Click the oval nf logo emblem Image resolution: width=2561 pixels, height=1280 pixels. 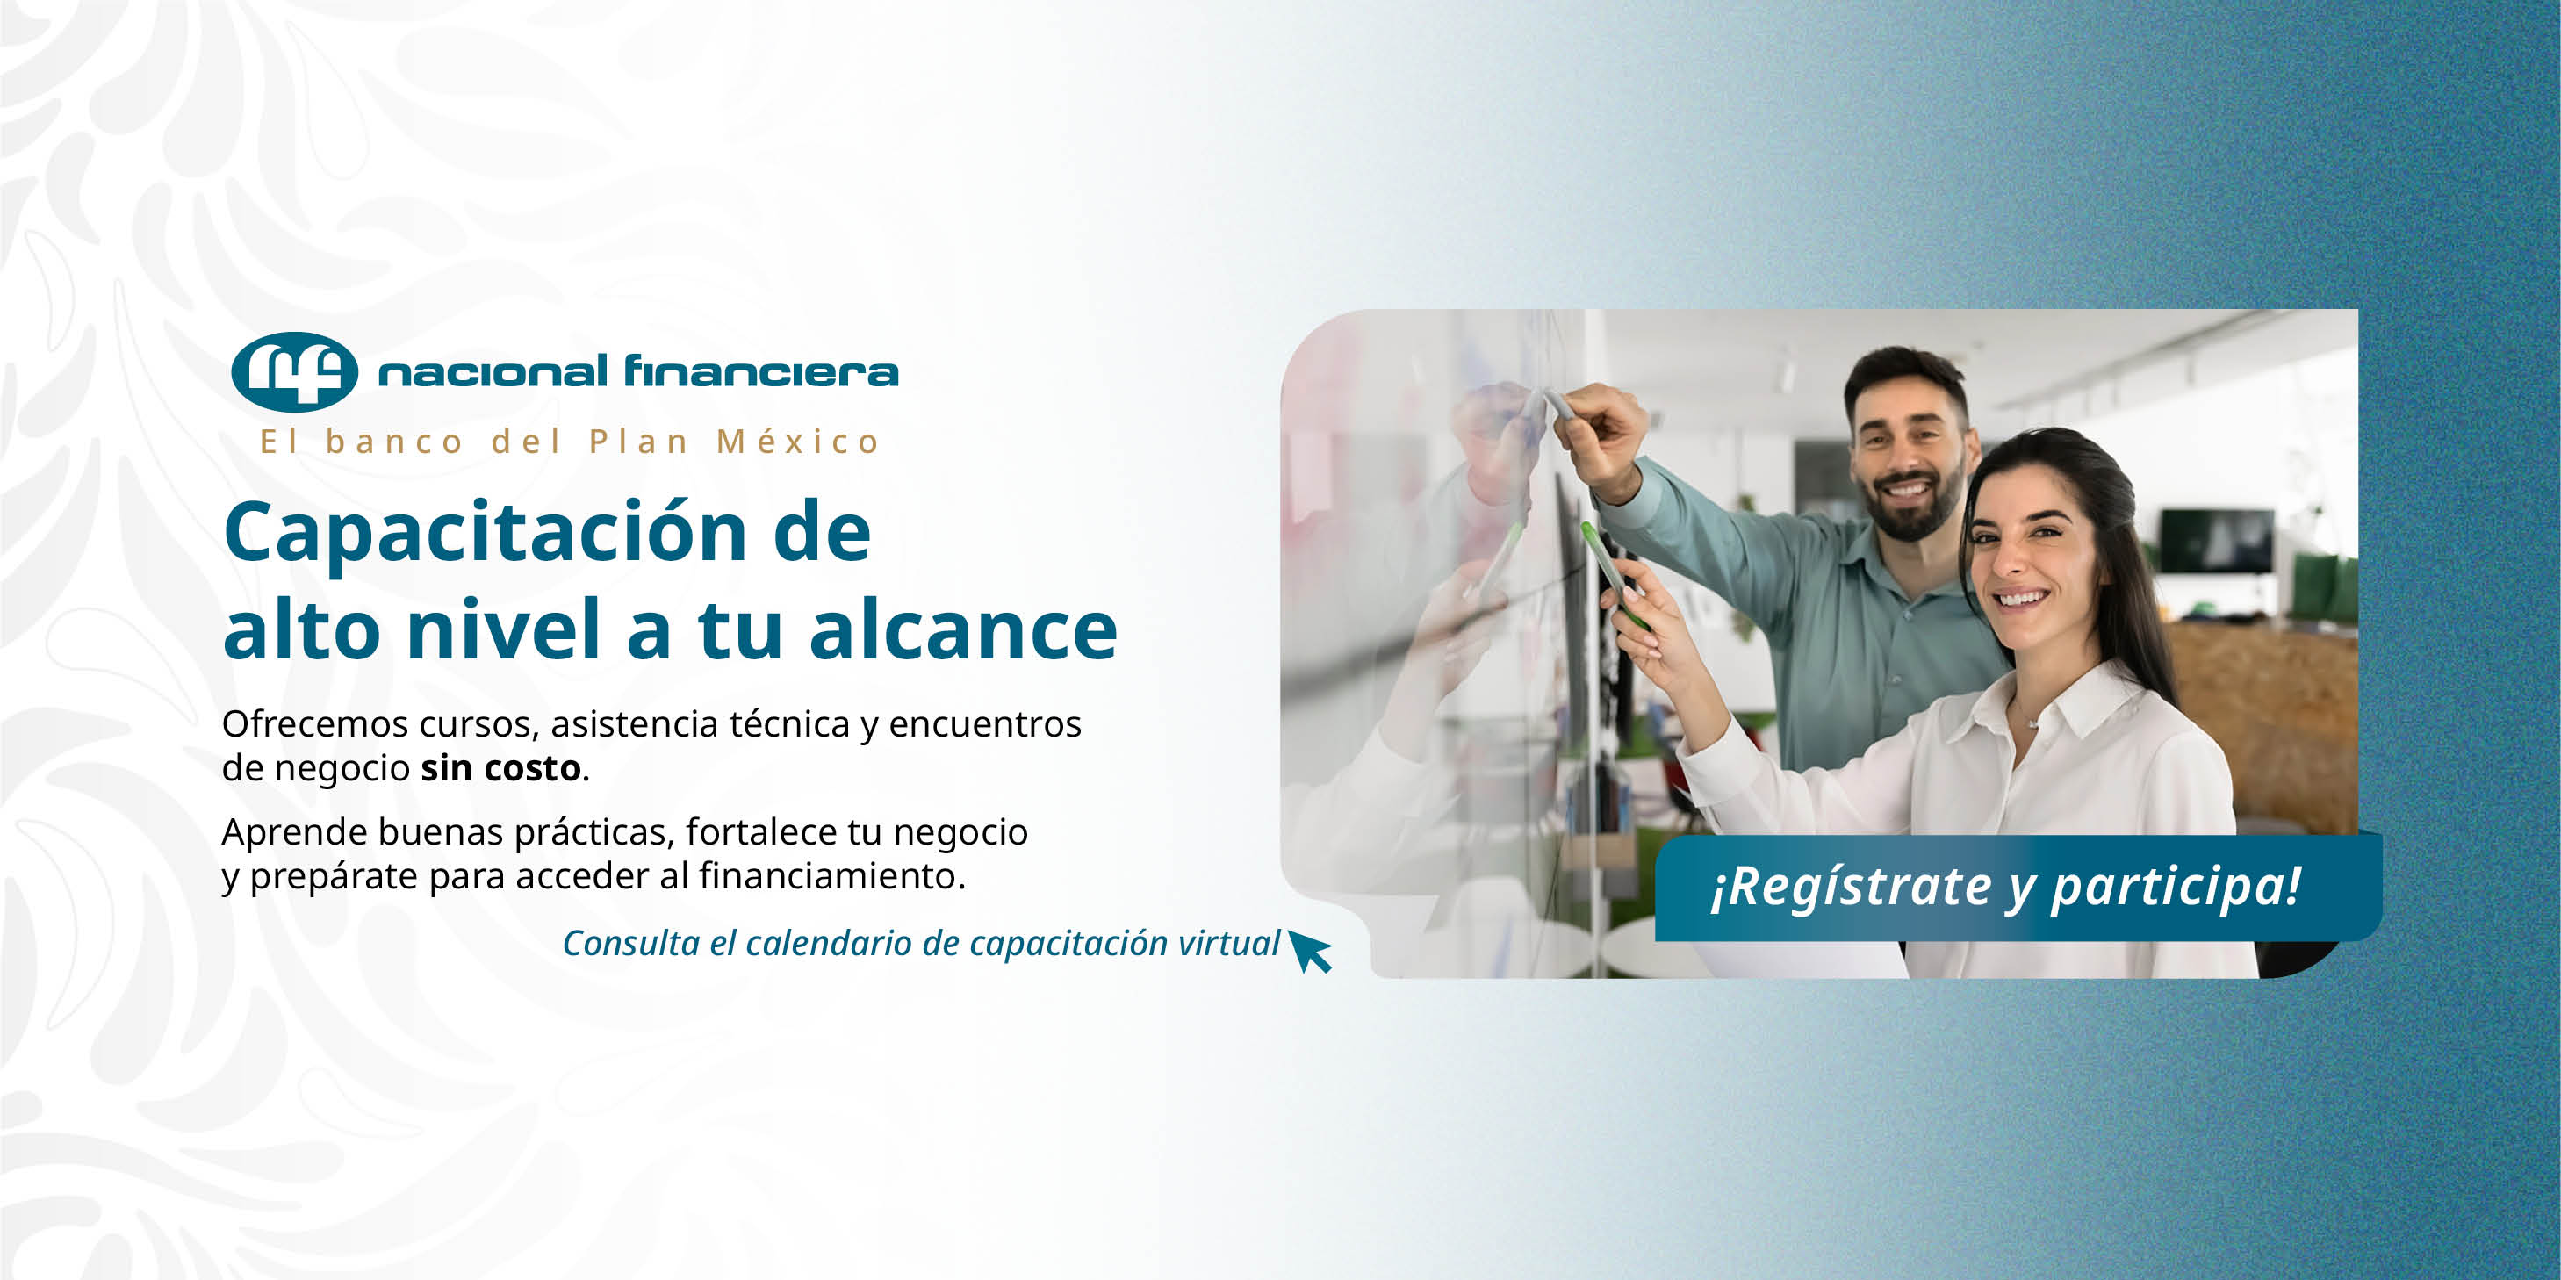294,371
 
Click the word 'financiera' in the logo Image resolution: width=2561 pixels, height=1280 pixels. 761,370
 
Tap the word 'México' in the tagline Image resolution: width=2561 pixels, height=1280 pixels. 798,442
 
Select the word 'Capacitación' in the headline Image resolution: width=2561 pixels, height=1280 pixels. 486,534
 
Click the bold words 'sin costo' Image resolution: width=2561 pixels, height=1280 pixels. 501,768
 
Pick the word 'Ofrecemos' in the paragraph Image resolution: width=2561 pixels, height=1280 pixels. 315,723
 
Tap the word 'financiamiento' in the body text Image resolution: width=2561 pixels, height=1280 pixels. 828,875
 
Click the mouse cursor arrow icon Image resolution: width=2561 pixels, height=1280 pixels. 1309,951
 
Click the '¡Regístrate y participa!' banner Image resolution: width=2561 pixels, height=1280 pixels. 2018,888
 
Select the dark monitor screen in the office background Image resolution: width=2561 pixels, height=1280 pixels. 2217,540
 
